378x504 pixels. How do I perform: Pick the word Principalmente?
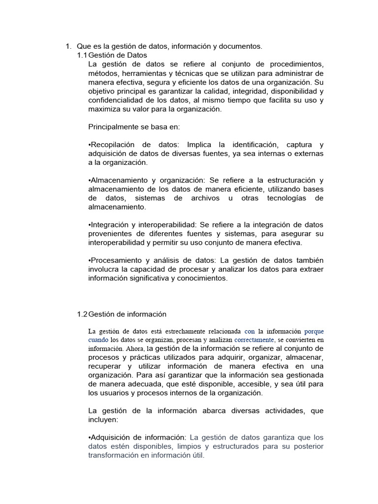(x=113, y=127)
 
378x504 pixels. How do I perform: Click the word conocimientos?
(x=200, y=278)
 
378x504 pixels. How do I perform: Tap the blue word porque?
(x=314, y=331)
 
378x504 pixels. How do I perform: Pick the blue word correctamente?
(x=254, y=340)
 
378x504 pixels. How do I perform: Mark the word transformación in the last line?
(x=116, y=455)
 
